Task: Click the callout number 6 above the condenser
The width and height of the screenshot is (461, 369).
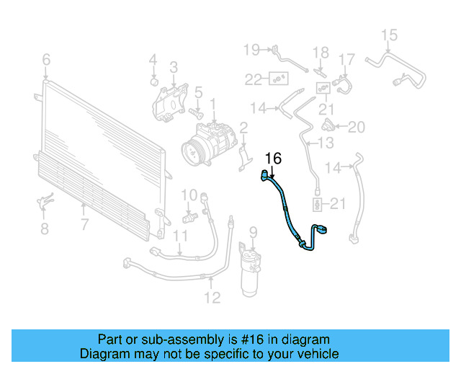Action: pyautogui.click(x=46, y=59)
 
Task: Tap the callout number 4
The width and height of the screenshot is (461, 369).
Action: pyautogui.click(x=153, y=59)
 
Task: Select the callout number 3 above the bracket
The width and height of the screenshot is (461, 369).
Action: pyautogui.click(x=174, y=68)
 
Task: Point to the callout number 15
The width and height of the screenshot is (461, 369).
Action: pyautogui.click(x=389, y=35)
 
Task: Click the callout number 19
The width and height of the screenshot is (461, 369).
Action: pyautogui.click(x=250, y=50)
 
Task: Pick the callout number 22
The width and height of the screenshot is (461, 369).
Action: pyautogui.click(x=253, y=79)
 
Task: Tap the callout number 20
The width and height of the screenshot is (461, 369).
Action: pyautogui.click(x=357, y=128)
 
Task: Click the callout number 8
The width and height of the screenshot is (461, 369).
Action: pyautogui.click(x=45, y=229)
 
